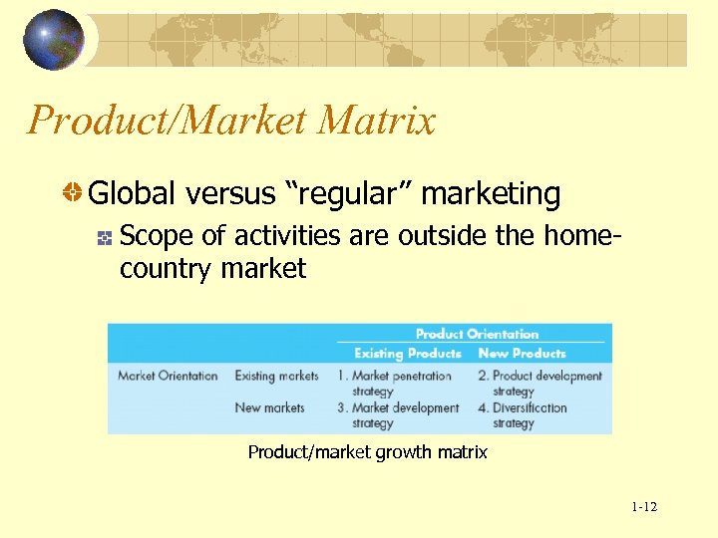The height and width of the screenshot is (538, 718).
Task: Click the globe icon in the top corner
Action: click(54, 40)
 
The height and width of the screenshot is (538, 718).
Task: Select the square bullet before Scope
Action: click(103, 238)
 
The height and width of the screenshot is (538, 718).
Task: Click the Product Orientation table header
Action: click(477, 334)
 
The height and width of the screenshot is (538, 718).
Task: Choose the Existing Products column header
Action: click(408, 354)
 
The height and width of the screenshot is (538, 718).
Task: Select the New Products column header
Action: click(522, 354)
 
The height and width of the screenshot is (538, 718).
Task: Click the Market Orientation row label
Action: click(168, 376)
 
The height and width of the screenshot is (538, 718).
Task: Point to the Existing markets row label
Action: click(276, 376)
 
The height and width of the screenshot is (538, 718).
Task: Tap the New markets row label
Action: click(269, 407)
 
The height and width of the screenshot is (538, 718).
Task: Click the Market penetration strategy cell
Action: click(395, 383)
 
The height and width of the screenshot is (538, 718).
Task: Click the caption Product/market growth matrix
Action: click(367, 452)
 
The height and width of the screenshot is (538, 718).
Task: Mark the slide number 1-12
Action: click(644, 507)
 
